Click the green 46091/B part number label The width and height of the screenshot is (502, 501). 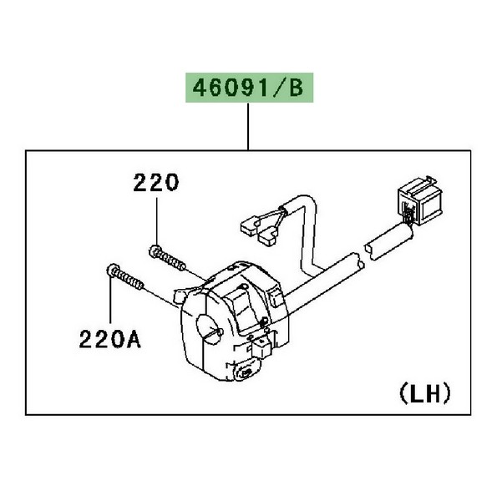[x=250, y=88]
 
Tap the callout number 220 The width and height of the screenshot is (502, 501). [x=156, y=183]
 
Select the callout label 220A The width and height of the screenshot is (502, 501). [x=109, y=339]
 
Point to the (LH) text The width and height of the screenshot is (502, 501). [x=425, y=394]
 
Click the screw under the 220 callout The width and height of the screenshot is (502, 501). [x=167, y=257]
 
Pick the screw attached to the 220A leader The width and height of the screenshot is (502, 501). [x=124, y=277]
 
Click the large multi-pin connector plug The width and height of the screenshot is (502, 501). [x=420, y=200]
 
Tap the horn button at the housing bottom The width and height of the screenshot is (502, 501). [x=246, y=372]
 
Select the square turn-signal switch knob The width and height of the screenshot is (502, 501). [x=262, y=347]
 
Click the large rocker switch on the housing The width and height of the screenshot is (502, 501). [x=244, y=308]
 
